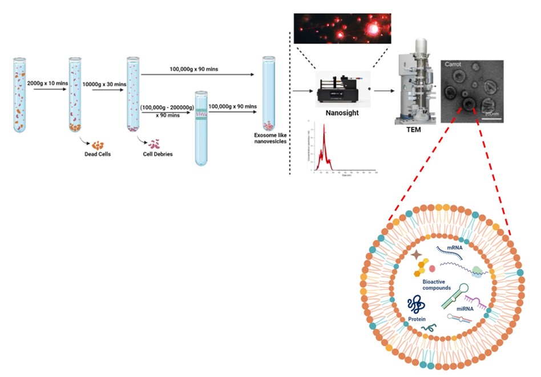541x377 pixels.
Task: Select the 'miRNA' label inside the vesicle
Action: [464, 308]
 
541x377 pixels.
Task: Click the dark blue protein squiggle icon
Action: [416, 306]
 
